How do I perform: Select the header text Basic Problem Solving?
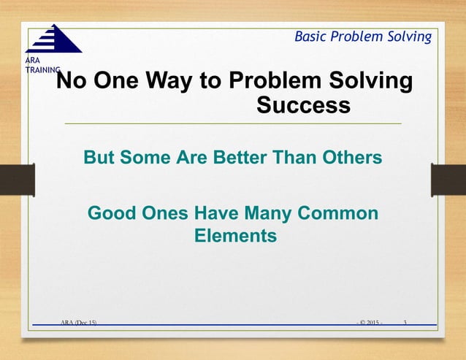coord(362,37)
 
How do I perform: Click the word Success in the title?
coord(303,106)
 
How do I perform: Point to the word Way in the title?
coord(172,82)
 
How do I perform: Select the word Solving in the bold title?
coord(367,82)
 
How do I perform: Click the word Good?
coord(112,214)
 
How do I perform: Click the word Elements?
coord(235,237)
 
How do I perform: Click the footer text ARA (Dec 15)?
coord(79,321)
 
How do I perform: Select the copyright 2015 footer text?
coord(370,321)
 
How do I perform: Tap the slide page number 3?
coord(405,321)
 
